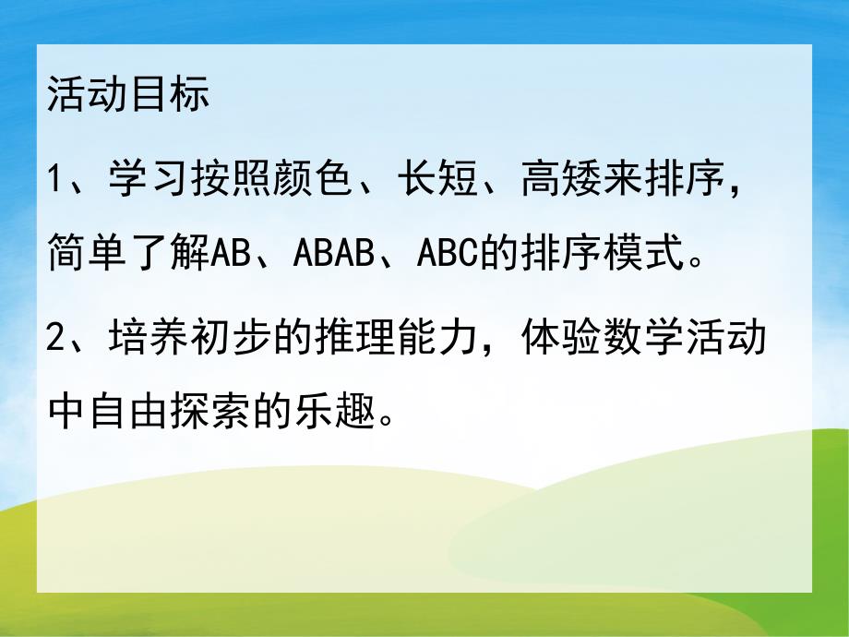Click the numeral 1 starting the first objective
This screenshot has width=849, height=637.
click(56, 174)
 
